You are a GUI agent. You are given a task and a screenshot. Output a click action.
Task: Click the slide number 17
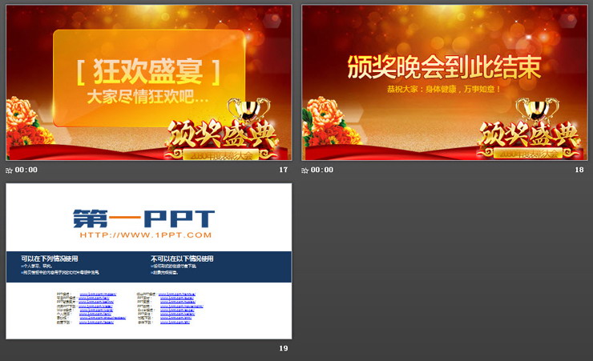[283, 170]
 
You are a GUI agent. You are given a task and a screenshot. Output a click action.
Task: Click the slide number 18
[579, 170]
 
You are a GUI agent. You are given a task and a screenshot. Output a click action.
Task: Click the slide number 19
[283, 348]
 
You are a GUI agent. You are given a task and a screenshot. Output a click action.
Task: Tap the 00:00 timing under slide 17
[26, 170]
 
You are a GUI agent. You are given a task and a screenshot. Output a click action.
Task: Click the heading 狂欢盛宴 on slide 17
[148, 72]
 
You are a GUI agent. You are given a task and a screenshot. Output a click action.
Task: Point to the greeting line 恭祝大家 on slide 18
[443, 89]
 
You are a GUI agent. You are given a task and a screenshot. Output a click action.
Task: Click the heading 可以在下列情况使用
[50, 259]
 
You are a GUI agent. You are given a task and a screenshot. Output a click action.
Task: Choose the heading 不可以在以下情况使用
[182, 259]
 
